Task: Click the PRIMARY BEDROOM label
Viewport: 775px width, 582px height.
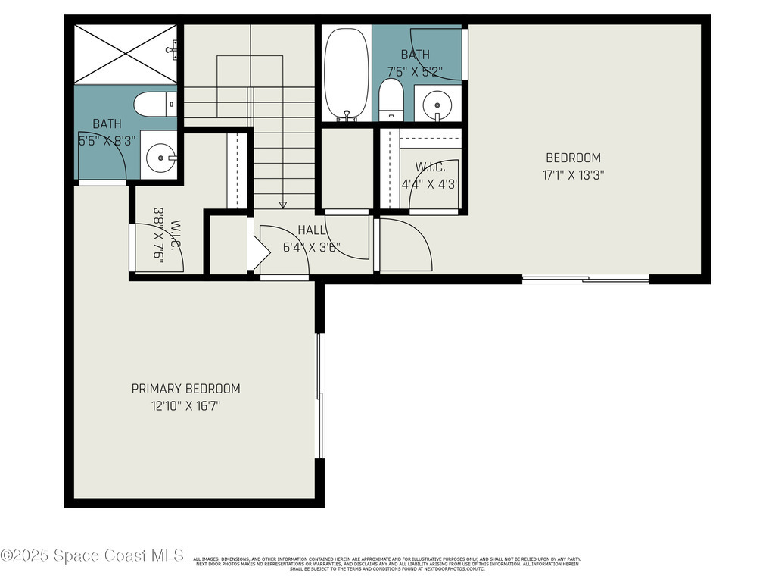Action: [185, 389]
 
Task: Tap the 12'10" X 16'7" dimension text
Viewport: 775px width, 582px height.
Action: [185, 406]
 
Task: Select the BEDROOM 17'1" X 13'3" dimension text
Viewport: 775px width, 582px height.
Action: [573, 175]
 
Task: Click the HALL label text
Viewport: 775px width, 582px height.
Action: [311, 230]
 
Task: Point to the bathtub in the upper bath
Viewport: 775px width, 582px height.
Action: [347, 73]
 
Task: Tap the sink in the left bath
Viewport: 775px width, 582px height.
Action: [160, 159]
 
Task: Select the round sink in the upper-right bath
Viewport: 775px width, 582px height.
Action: [437, 104]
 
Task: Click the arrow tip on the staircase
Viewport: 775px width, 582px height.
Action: [283, 205]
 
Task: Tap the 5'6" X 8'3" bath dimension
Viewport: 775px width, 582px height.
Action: [107, 140]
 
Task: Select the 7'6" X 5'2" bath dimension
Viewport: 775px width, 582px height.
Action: [415, 71]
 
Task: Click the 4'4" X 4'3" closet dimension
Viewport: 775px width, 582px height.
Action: [429, 183]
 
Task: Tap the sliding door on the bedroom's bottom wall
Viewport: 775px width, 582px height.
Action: [586, 280]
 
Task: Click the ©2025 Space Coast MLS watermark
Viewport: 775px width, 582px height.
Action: [92, 555]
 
